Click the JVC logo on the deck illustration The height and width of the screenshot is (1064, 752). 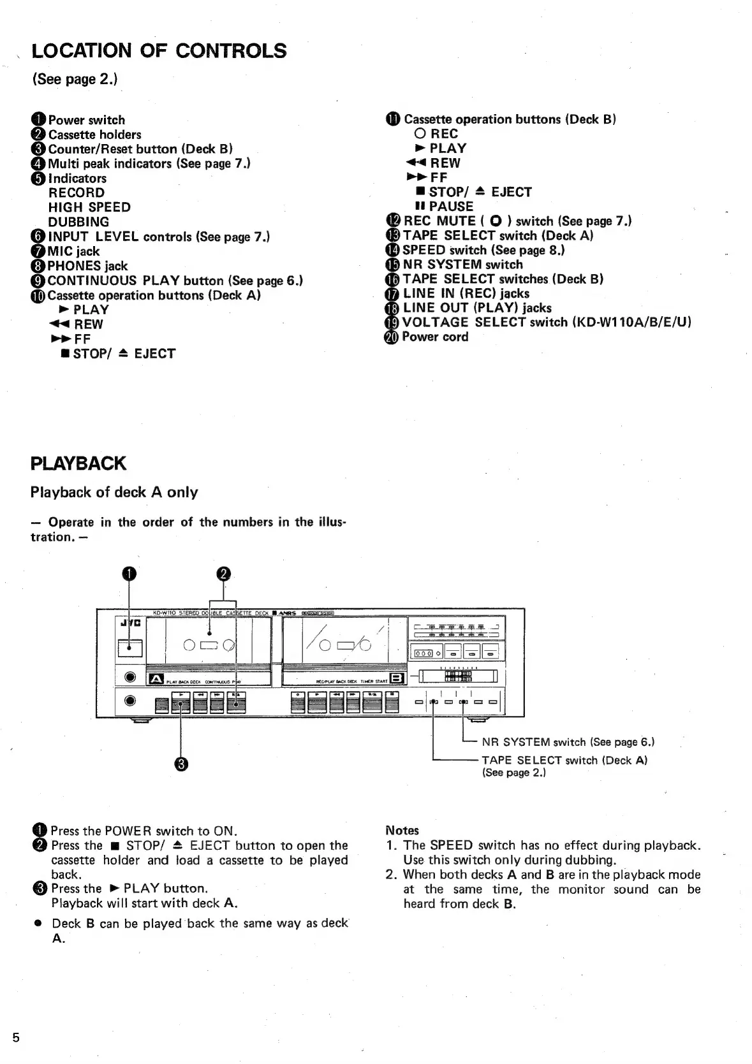(x=130, y=622)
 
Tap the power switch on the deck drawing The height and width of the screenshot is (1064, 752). (x=130, y=648)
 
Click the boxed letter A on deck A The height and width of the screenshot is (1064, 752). (x=156, y=680)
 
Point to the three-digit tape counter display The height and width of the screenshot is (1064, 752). (x=424, y=653)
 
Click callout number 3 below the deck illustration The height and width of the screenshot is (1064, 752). (x=181, y=764)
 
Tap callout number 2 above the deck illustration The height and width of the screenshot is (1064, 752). (x=223, y=574)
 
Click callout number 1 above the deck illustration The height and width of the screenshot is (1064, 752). (x=129, y=574)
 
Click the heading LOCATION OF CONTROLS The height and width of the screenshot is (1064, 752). (x=159, y=51)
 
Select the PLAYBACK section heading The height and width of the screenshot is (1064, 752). (x=78, y=463)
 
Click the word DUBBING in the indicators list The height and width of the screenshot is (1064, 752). (x=78, y=222)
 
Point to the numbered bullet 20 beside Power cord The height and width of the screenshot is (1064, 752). (x=391, y=337)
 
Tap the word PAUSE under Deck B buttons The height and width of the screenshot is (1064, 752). (x=451, y=207)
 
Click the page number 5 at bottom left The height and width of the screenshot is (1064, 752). (x=16, y=1038)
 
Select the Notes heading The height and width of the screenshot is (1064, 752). (x=402, y=830)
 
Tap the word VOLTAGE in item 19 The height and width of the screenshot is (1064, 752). (x=435, y=323)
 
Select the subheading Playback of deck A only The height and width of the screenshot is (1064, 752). (x=114, y=492)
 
